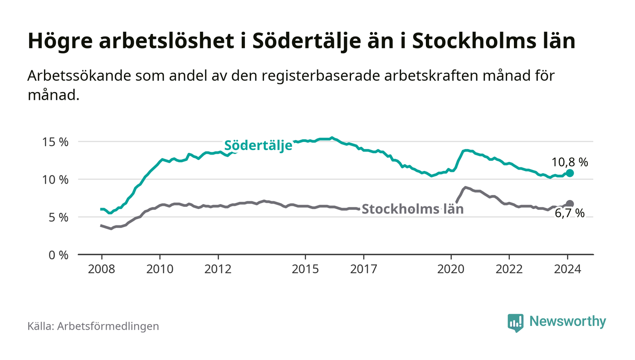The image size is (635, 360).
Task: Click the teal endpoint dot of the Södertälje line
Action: (x=570, y=173)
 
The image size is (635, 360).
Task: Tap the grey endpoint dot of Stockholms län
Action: (x=570, y=204)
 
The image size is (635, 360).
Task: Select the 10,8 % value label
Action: (x=570, y=162)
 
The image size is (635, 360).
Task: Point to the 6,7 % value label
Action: (x=570, y=213)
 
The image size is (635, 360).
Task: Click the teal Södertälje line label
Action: (x=258, y=146)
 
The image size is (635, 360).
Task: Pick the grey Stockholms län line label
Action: (x=412, y=209)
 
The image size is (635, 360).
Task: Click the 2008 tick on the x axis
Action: (x=102, y=269)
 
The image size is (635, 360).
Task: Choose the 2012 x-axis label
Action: (x=218, y=269)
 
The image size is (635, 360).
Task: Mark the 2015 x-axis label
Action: (x=306, y=269)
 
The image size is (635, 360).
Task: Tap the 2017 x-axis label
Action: (x=364, y=269)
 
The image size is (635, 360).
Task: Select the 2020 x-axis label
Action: (x=451, y=269)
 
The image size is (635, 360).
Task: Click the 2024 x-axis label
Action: (x=567, y=269)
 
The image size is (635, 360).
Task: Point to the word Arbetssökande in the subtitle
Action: (x=79, y=76)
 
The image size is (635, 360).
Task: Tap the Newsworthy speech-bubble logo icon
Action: (x=515, y=322)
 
